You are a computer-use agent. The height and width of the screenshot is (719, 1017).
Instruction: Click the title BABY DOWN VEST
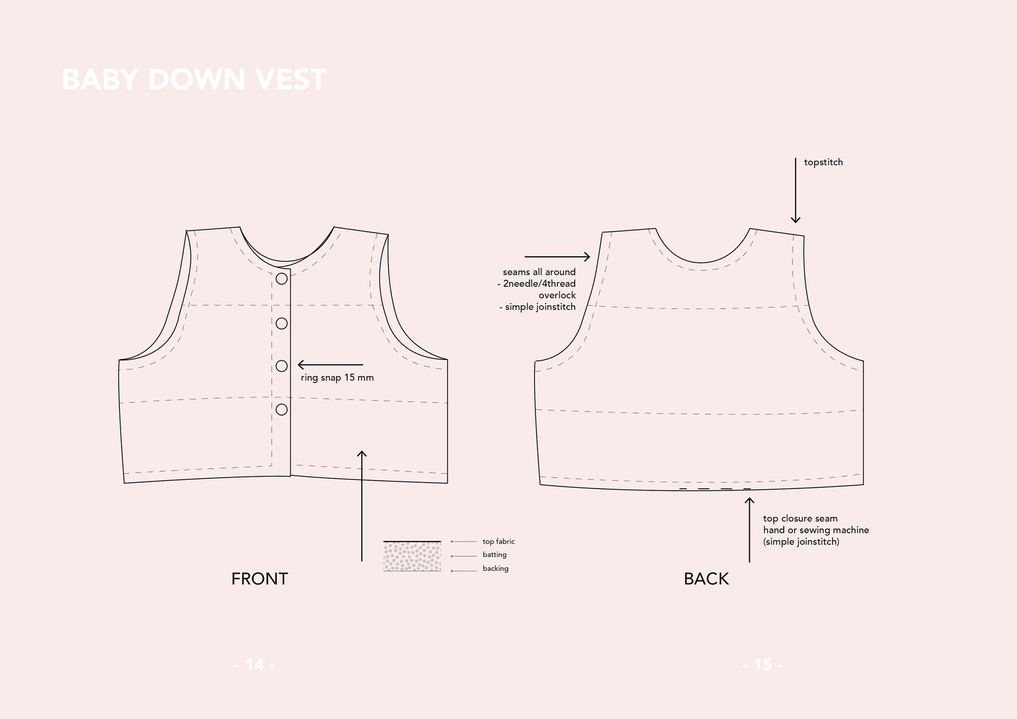click(193, 80)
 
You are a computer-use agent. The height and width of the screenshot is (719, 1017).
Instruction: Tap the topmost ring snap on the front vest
click(281, 279)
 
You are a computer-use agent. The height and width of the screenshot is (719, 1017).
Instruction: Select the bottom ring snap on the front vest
click(281, 409)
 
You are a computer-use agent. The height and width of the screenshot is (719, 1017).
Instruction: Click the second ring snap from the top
click(281, 323)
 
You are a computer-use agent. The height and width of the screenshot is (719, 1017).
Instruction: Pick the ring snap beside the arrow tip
click(281, 366)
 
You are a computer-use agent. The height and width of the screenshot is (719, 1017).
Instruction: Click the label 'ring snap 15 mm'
click(337, 378)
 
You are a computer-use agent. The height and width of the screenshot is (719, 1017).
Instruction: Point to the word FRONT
click(259, 579)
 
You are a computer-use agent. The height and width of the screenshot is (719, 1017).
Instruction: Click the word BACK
click(706, 579)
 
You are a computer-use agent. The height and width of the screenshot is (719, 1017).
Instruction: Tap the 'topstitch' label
click(823, 163)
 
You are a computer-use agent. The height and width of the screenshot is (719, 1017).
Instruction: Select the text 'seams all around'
click(539, 272)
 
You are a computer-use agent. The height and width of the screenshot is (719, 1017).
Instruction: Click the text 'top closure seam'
click(800, 519)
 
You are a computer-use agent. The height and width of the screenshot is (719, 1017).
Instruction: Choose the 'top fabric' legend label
click(498, 542)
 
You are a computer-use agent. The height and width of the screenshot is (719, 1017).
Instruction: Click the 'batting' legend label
click(494, 554)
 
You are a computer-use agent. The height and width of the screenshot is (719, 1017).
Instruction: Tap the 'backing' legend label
click(495, 569)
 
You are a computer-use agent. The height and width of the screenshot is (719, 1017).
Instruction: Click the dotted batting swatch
click(412, 556)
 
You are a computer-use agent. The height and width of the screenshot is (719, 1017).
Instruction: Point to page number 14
click(254, 665)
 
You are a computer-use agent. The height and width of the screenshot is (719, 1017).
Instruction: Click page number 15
click(762, 665)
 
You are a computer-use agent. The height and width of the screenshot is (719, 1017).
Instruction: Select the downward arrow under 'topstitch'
click(795, 190)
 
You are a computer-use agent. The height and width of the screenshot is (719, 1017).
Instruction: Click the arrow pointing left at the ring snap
click(330, 365)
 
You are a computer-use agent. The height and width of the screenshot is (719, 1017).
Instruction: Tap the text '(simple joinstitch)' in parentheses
click(801, 542)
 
